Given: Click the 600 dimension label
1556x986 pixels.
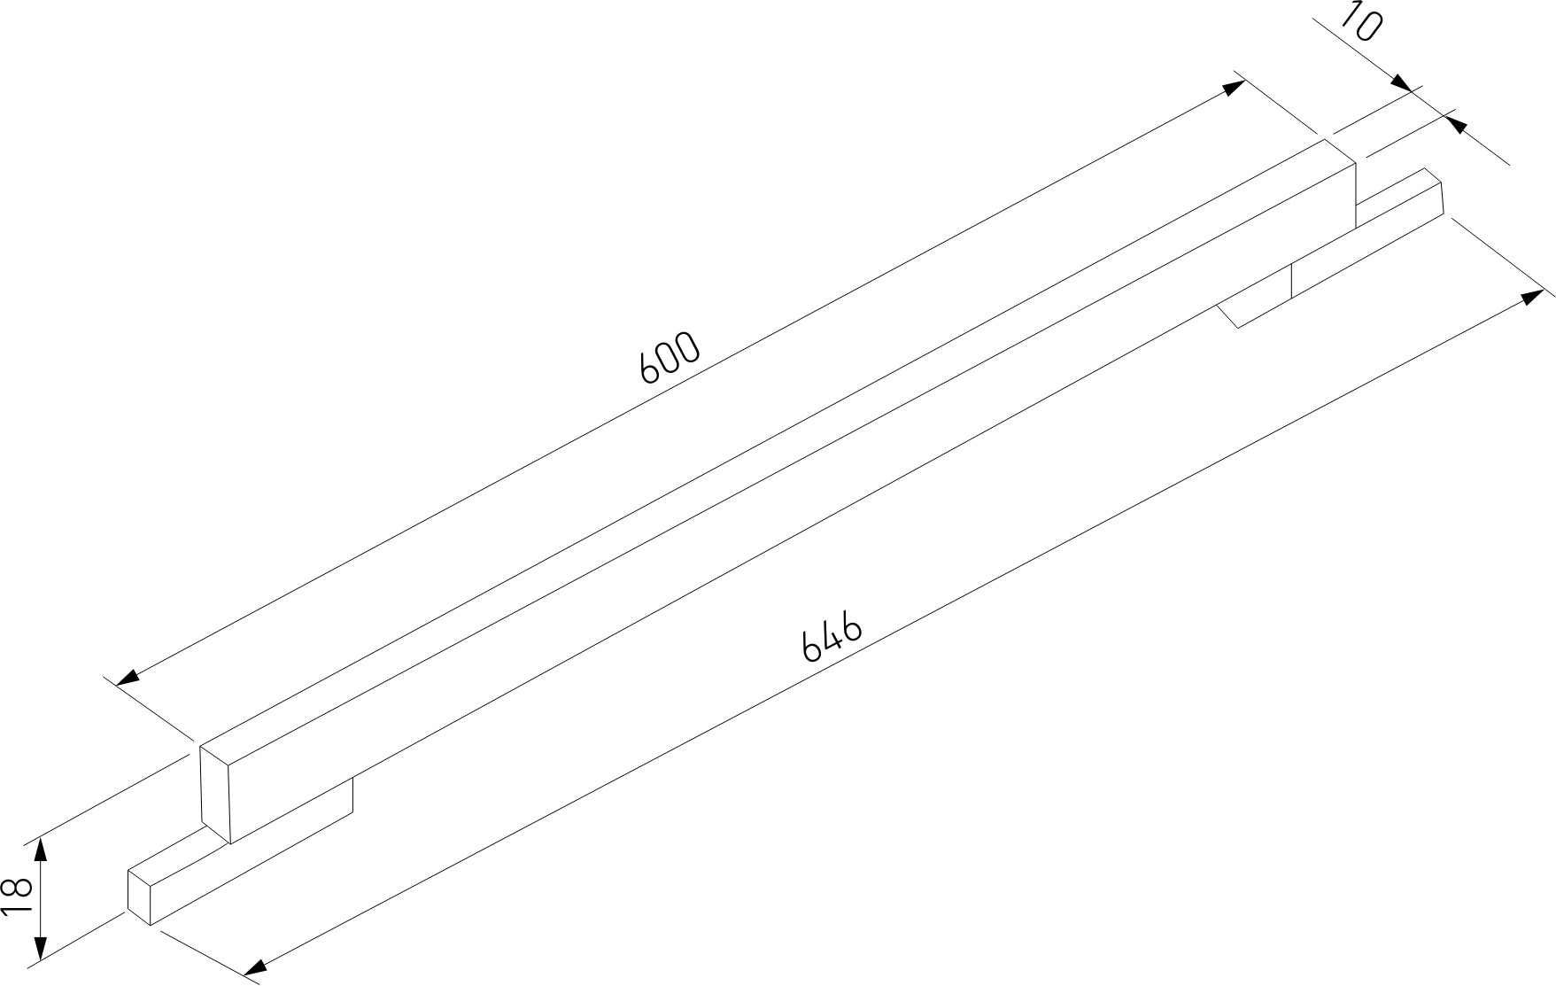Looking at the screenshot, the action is pos(670,358).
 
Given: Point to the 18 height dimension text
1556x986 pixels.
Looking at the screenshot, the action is pos(19,898).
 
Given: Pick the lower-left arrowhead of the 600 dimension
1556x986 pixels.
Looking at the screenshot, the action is pos(128,677).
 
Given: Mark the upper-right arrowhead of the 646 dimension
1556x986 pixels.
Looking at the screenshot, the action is pos(1531,297).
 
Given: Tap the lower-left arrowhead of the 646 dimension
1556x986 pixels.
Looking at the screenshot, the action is pos(254,967).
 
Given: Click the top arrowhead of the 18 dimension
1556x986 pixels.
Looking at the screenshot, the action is pos(40,851).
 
